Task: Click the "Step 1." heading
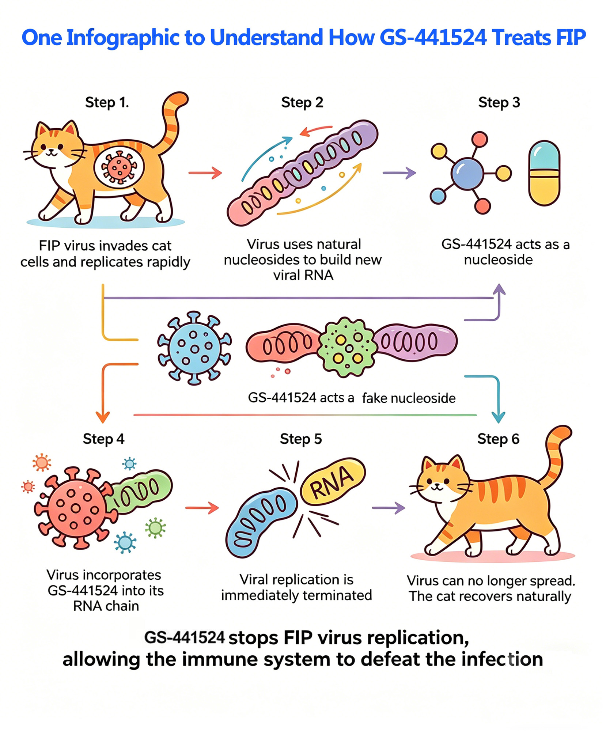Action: click(x=107, y=103)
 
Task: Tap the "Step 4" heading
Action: click(x=103, y=439)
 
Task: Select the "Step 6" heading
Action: click(x=498, y=439)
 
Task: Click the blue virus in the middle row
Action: click(x=194, y=348)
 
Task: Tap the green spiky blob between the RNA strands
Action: click(x=346, y=347)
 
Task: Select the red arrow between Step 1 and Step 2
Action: click(x=205, y=173)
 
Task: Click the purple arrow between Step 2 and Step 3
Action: click(x=399, y=173)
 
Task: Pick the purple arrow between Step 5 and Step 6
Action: click(x=389, y=508)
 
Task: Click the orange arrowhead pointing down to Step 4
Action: click(x=103, y=417)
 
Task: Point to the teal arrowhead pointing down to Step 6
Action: click(x=498, y=417)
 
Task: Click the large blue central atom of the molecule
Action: click(x=467, y=173)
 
